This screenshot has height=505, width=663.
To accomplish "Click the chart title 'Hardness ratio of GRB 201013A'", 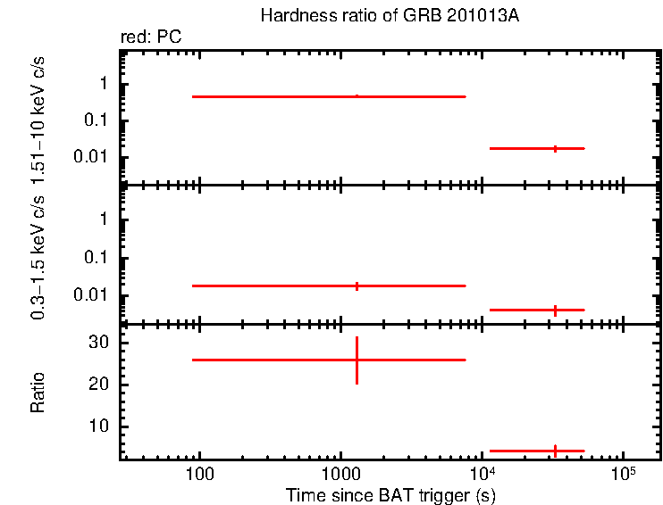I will coord(390,16).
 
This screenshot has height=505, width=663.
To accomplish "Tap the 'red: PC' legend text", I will coord(152,37).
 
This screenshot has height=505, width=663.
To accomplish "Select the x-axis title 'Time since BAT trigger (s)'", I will coord(390,494).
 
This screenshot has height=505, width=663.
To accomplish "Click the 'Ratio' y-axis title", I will coord(38,393).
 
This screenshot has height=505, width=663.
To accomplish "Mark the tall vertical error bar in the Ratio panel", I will coord(357,360).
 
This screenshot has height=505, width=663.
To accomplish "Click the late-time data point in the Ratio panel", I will coord(555,451).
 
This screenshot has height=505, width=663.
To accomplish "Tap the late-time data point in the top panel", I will coord(555,148).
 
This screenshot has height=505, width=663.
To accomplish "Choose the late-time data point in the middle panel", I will coord(555,310).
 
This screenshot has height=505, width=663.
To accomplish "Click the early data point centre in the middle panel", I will coord(357,286).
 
